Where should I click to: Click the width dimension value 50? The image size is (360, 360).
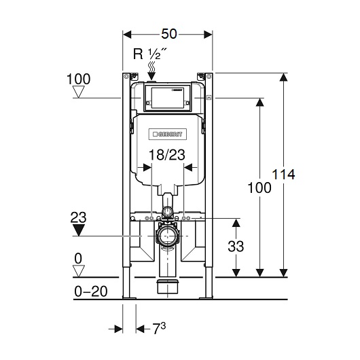coord(169,34)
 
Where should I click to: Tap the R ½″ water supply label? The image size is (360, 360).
coord(150,54)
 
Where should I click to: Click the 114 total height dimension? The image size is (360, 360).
coord(283,175)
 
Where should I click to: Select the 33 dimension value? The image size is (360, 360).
coord(236,246)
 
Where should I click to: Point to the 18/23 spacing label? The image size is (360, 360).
coord(167,154)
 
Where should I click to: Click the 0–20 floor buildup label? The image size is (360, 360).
coord(91,291)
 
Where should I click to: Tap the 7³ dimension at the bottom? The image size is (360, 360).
coord(159,328)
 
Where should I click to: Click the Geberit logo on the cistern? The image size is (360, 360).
coord(167,134)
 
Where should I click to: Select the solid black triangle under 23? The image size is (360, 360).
coord(79,230)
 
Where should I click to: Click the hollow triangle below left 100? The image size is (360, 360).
coord(79,92)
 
